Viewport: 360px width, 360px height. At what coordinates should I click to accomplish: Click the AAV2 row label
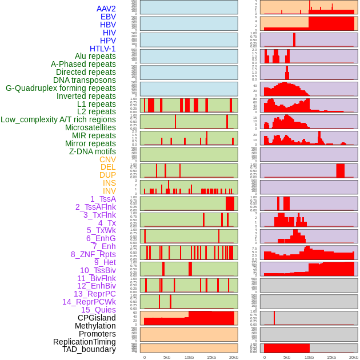tap(106, 9)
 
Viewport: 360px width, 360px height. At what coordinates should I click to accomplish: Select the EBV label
tap(108, 17)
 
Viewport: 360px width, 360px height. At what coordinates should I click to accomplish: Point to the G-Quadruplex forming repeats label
tap(61, 88)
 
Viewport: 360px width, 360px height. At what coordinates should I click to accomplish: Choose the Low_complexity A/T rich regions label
tap(58, 119)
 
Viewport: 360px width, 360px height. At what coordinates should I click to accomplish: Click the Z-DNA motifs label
tap(93, 151)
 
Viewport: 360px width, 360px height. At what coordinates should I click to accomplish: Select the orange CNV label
tap(107, 159)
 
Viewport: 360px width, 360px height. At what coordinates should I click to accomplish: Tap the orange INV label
tap(109, 191)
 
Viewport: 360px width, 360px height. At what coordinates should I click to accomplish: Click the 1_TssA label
tap(103, 199)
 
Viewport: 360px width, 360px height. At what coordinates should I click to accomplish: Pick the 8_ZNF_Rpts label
tap(93, 254)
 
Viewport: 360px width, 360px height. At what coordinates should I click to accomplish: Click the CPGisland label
tap(97, 318)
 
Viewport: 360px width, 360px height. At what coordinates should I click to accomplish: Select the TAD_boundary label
tap(89, 349)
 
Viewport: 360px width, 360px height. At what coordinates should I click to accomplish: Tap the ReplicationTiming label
tap(85, 342)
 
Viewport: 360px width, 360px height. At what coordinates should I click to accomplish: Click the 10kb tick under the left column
tap(189, 357)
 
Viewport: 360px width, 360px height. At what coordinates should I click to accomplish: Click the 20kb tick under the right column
tap(354, 357)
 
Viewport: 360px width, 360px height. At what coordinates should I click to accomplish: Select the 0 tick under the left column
tap(145, 357)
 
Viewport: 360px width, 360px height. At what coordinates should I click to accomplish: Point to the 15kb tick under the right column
tap(331, 357)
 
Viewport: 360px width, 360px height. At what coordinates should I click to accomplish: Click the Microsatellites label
tap(90, 127)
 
